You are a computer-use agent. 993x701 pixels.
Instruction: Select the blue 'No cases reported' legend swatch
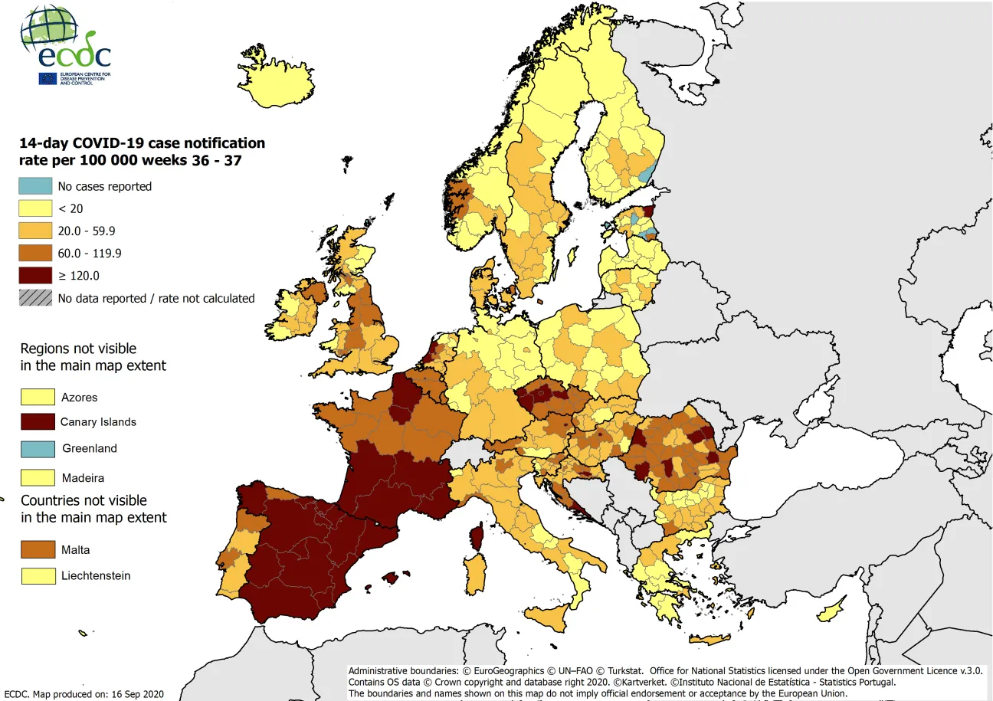pyautogui.click(x=36, y=186)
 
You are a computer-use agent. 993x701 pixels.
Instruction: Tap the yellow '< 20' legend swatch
pyautogui.click(x=36, y=208)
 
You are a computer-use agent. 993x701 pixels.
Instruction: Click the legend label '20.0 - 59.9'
pyautogui.click(x=87, y=231)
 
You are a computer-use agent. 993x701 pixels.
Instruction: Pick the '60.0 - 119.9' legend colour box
pyautogui.click(x=36, y=253)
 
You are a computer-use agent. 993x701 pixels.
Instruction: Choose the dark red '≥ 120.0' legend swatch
pyautogui.click(x=36, y=275)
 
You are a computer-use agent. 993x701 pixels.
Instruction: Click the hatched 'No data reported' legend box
pyautogui.click(x=36, y=298)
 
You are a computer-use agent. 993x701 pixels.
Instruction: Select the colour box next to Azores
pyautogui.click(x=38, y=397)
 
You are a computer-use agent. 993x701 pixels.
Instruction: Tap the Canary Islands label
pyautogui.click(x=98, y=421)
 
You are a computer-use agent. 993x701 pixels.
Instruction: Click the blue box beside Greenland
pyautogui.click(x=38, y=448)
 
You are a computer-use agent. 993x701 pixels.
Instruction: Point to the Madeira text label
pyautogui.click(x=83, y=478)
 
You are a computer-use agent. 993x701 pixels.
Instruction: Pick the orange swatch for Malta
pyautogui.click(x=38, y=549)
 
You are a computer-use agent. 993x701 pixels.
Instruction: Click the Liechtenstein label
pyautogui.click(x=96, y=575)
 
